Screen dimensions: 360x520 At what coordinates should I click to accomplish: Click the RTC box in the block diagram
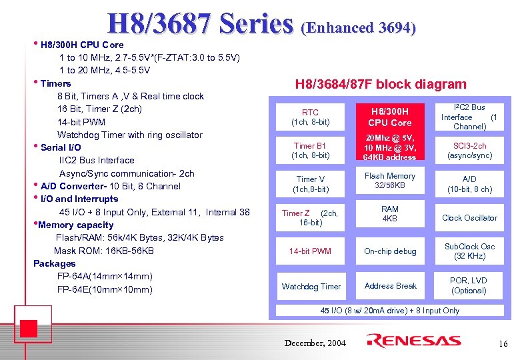(311, 117)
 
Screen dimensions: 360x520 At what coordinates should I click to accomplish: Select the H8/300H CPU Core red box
(390, 117)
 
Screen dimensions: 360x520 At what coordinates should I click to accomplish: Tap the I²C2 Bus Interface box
(469, 117)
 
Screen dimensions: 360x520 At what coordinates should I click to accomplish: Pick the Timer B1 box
(311, 150)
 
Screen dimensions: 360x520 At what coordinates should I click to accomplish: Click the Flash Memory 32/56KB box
(390, 181)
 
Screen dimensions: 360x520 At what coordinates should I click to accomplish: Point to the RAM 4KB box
(390, 213)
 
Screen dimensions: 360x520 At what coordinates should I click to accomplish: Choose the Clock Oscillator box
(469, 218)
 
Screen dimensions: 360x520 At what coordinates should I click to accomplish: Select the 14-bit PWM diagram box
(311, 251)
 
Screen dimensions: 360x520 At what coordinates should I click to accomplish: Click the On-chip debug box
(390, 251)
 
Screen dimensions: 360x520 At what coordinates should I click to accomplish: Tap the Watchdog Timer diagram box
(311, 287)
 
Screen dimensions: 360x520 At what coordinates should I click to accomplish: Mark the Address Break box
(390, 286)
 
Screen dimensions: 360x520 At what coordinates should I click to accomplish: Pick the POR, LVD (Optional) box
(469, 285)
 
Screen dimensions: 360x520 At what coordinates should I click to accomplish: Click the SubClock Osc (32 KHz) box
(469, 251)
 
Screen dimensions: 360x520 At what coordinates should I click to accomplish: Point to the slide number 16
(503, 343)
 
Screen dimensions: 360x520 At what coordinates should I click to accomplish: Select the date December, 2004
(315, 343)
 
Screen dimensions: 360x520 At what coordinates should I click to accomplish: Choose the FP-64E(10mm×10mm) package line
(105, 289)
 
